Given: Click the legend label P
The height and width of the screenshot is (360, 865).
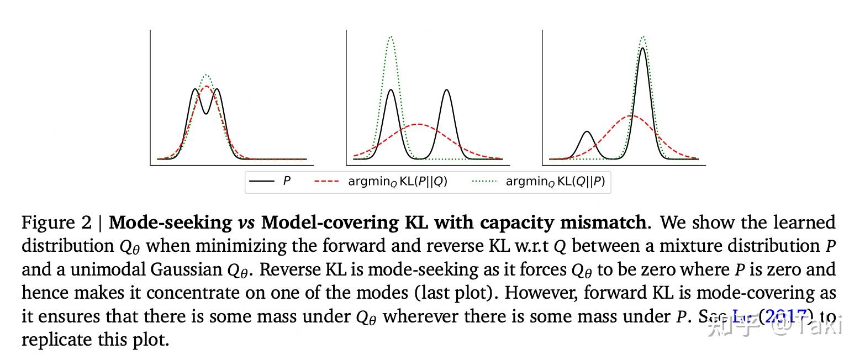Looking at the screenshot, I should pos(287,181).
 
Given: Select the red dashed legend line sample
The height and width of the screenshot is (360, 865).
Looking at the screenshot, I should pos(326,181).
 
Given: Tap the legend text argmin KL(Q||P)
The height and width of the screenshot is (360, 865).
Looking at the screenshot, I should pos(555,181).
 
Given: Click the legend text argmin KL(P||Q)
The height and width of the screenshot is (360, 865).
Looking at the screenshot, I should pos(397,181).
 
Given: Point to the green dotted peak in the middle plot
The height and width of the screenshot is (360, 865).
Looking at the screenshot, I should pos(391,37).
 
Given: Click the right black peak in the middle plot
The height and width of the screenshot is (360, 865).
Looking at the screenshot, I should pos(446,90).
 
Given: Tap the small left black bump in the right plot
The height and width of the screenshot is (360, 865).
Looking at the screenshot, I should pos(587,132).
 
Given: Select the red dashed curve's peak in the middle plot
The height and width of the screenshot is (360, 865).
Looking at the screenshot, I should pos(418,124).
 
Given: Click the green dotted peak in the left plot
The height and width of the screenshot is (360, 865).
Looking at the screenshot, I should pos(206,75).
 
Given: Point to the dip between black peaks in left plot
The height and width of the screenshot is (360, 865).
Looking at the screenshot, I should pos(206,113).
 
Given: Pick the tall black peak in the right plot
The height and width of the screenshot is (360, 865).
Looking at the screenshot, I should pos(642,49).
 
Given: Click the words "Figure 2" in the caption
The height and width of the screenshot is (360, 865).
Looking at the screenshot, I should pos(56,223).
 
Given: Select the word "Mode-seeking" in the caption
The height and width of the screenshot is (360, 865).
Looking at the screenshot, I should pos(170,223).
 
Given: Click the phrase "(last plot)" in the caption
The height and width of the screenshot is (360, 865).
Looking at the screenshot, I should pos(456,293).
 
